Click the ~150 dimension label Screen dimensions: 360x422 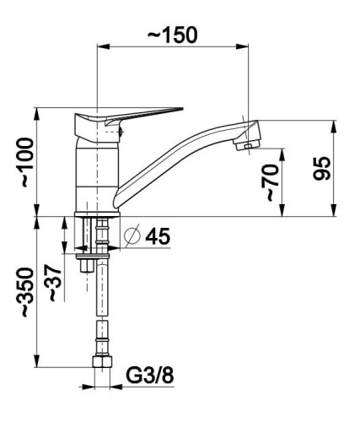click(x=173, y=35)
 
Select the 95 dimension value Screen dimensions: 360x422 click(x=322, y=168)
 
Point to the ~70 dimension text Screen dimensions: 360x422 click(x=270, y=183)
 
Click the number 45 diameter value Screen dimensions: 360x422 click(x=158, y=236)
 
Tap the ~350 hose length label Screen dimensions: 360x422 click(x=28, y=292)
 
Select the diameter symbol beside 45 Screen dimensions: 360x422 click(x=132, y=235)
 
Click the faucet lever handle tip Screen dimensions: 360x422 click(x=182, y=109)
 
